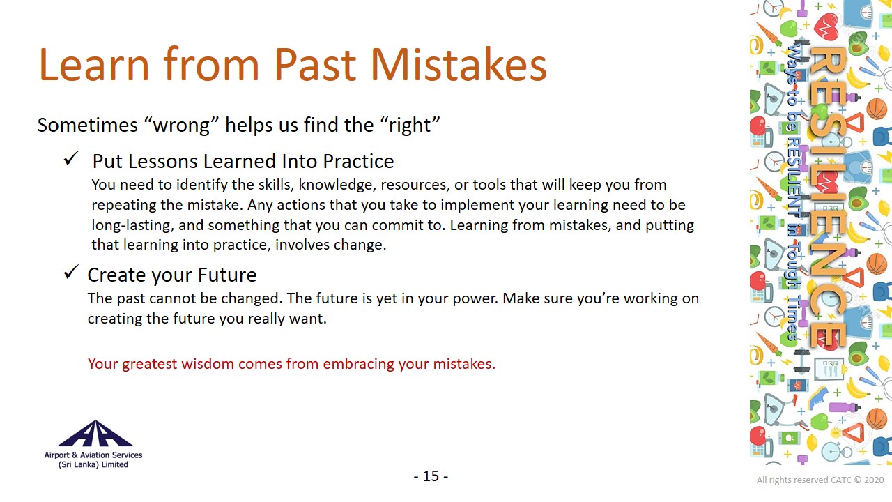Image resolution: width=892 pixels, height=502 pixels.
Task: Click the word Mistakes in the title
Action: coord(459,65)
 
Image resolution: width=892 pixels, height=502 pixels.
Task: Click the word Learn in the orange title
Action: coord(94,65)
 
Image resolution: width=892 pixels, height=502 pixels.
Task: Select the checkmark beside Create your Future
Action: coord(71,272)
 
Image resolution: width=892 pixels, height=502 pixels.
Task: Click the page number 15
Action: coord(431,476)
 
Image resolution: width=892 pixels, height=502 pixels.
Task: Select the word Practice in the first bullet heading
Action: coord(358,161)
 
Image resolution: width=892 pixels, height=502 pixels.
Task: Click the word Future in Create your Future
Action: coord(227,275)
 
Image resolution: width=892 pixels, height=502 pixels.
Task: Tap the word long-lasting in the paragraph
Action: coord(132,225)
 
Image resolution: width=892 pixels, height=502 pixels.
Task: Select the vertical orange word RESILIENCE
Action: coord(829,197)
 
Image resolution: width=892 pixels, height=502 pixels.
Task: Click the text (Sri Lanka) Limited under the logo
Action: coord(93,464)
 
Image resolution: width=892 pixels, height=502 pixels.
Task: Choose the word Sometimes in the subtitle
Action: coord(88,125)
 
